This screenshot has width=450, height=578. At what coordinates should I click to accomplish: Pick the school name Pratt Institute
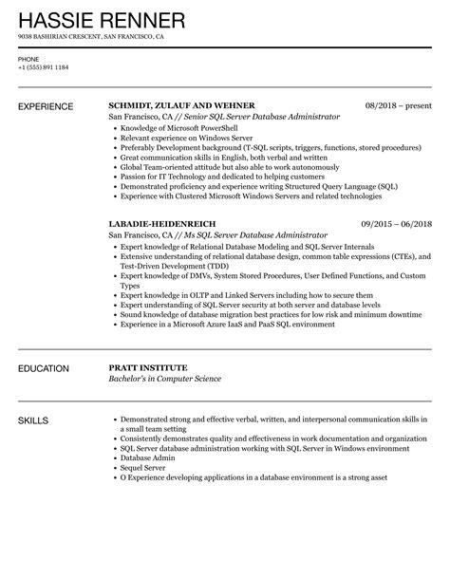click(147, 367)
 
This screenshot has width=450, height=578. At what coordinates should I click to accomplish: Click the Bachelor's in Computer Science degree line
click(165, 379)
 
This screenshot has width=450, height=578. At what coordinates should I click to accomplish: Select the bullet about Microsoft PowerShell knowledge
click(178, 128)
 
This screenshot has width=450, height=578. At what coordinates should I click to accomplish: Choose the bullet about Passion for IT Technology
click(218, 177)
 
